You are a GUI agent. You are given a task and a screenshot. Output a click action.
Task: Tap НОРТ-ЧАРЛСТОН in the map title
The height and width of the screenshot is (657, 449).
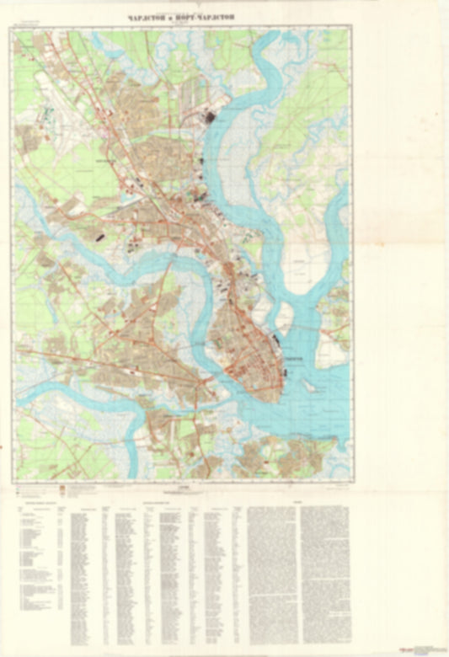pyautogui.click(x=206, y=17)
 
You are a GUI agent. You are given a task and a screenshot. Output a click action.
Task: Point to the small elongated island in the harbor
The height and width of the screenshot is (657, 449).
pyautogui.click(x=309, y=387)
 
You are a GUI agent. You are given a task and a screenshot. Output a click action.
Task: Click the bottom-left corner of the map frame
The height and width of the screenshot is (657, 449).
pyautogui.click(x=13, y=483)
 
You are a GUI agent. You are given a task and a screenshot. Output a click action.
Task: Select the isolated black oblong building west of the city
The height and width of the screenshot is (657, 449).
pyautogui.click(x=99, y=238)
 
